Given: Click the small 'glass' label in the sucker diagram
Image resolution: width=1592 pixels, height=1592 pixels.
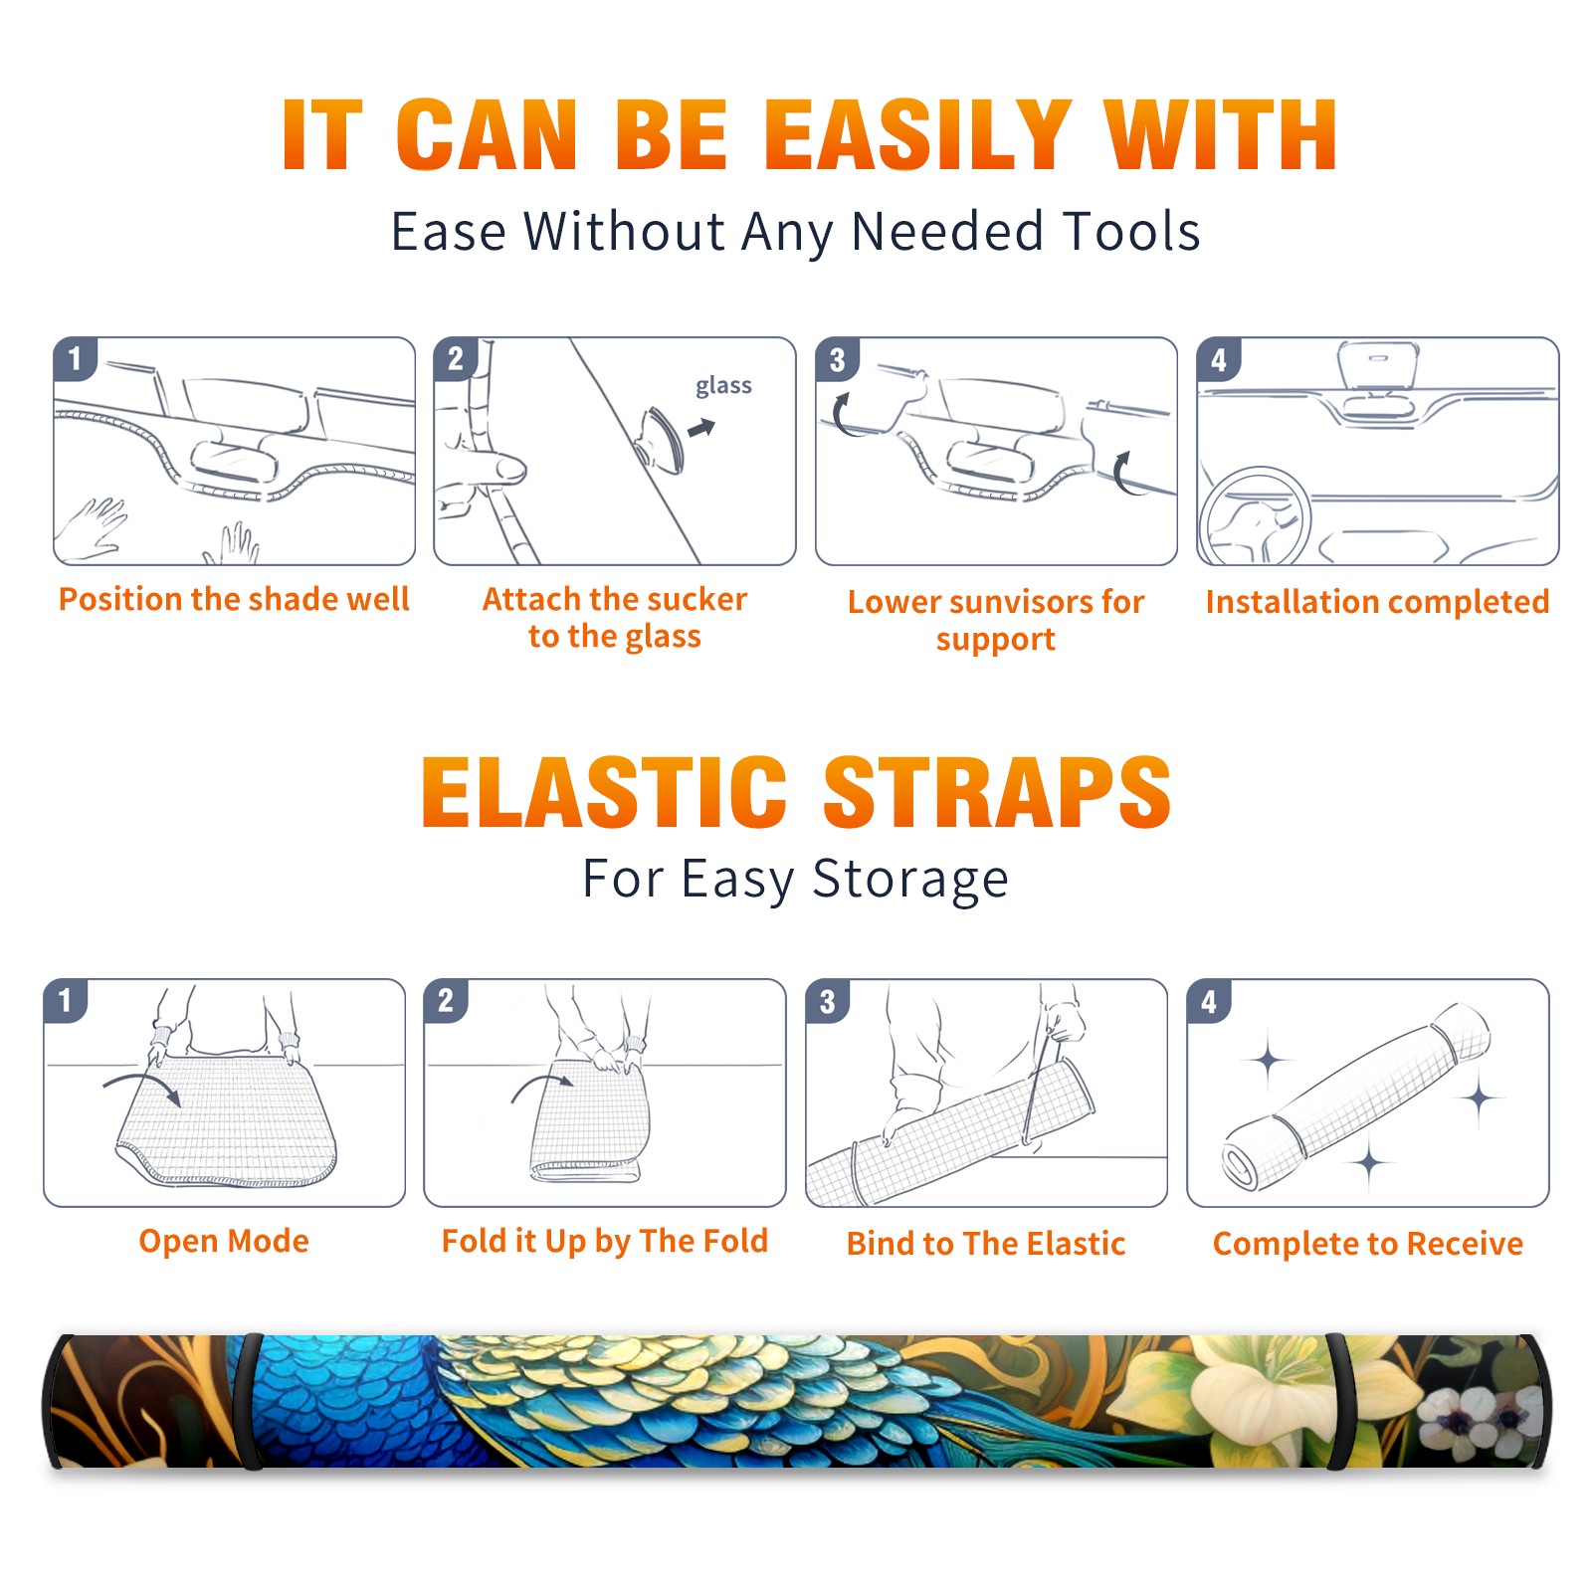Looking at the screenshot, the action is click(x=723, y=386).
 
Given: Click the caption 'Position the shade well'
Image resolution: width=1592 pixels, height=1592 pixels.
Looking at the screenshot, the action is click(x=234, y=599).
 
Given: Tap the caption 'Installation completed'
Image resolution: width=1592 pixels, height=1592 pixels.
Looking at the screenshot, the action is click(x=1377, y=601).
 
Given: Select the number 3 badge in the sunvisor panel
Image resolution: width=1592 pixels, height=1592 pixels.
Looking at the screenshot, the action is click(x=837, y=359).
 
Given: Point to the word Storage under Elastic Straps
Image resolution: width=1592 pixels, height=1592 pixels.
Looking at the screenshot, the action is click(x=910, y=880).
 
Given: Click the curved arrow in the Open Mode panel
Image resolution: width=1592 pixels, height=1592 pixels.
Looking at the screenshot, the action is click(x=143, y=1087).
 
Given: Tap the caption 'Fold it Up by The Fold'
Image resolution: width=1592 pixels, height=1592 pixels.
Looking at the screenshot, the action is click(x=605, y=1241).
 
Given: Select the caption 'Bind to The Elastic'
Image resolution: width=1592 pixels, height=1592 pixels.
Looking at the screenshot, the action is click(x=986, y=1243).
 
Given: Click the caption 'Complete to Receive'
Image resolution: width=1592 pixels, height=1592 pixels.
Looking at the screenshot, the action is click(x=1368, y=1243).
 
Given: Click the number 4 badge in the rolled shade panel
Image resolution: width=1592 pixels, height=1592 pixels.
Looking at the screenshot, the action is click(x=1209, y=1001).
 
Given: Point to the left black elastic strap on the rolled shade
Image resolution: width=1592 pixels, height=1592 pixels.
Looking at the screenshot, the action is click(x=251, y=1401).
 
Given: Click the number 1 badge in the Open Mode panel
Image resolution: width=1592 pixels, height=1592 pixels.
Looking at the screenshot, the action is click(x=66, y=1000).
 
